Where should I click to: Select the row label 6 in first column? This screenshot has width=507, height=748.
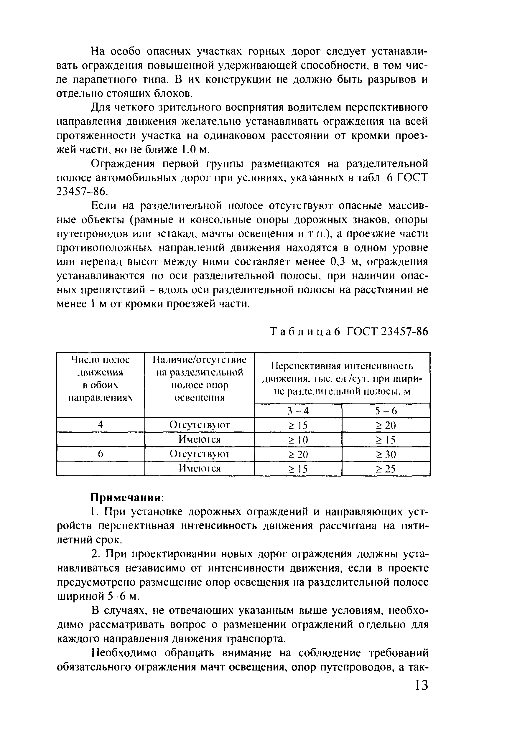coord(100,454)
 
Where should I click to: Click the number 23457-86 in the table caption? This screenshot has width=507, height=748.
coord(404,332)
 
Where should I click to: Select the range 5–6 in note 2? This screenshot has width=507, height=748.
coord(116,597)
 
